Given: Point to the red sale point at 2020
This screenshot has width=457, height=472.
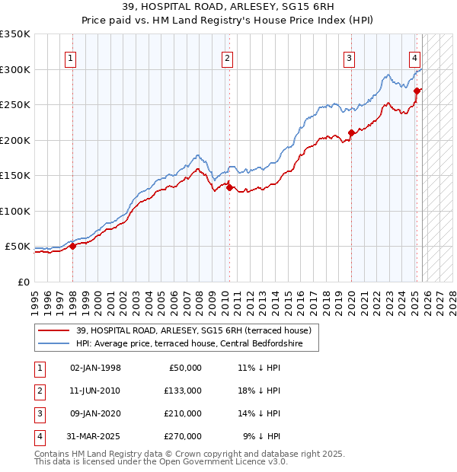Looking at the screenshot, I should [351, 133].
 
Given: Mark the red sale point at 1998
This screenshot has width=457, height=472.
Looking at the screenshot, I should [72, 246].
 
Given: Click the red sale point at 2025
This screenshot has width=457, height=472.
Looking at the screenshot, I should [417, 91].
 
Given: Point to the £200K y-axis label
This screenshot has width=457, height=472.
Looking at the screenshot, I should [15, 140].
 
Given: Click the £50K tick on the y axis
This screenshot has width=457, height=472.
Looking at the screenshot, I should [18, 247].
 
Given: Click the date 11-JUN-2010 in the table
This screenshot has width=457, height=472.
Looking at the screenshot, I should [95, 391].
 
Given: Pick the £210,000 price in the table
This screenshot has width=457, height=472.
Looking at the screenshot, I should [183, 413].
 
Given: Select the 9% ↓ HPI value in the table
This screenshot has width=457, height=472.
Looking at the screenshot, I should [261, 436].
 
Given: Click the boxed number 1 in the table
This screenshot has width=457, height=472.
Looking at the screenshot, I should [39, 368].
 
